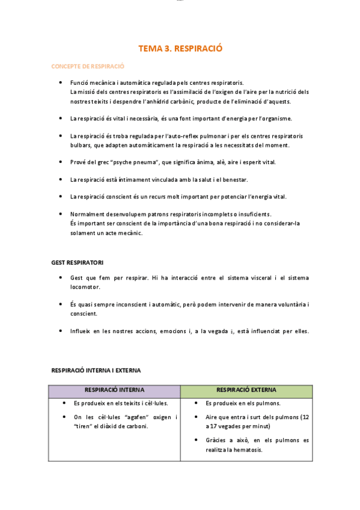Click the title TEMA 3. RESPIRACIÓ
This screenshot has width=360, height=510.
pos(180,49)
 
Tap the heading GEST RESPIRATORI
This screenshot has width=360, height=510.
pos(78,262)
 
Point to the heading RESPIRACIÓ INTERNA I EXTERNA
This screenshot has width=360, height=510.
pos(96,370)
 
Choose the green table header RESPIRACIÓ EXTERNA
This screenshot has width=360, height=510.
pos(246,390)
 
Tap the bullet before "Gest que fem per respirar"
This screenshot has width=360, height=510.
pos(61,278)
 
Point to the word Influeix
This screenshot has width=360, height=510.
pos(81,331)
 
